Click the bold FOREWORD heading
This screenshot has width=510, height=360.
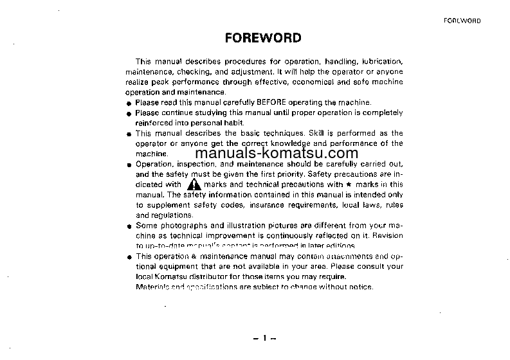pyautogui.click(x=263, y=37)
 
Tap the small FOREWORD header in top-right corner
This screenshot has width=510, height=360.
pyautogui.click(x=462, y=21)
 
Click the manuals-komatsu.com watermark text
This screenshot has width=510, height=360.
pyautogui.click(x=276, y=154)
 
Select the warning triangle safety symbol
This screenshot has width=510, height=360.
pyautogui.click(x=194, y=184)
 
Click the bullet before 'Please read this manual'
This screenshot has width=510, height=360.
pyautogui.click(x=129, y=103)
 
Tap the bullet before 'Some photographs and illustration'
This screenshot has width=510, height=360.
pyautogui.click(x=129, y=226)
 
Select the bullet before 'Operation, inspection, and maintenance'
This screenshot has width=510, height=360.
pyautogui.click(x=129, y=165)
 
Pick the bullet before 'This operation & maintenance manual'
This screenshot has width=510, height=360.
pyautogui.click(x=129, y=257)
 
